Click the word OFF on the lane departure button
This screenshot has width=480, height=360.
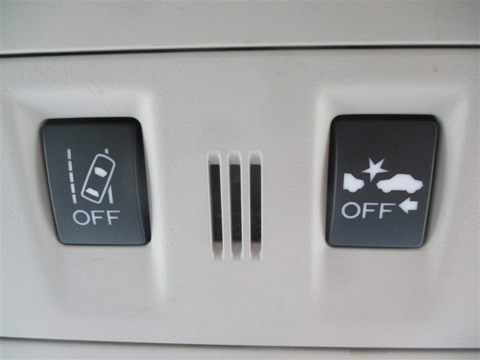tap(96, 217)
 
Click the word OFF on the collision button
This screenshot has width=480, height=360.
tap(367, 211)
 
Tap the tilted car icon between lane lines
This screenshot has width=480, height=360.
tap(98, 179)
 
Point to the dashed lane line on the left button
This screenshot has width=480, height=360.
tap(72, 176)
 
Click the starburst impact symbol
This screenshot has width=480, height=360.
tap(374, 169)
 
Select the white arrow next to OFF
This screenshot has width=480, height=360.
tap(409, 205)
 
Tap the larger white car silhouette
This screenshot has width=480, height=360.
tap(400, 184)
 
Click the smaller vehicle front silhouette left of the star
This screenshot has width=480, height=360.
tap(353, 182)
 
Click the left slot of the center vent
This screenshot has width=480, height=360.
tap(215, 203)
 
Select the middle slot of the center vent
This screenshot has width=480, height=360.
tap(236, 203)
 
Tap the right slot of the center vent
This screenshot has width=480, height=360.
tap(256, 203)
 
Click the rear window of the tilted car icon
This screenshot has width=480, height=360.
tap(92, 192)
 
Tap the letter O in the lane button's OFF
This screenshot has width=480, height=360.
tap(80, 218)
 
